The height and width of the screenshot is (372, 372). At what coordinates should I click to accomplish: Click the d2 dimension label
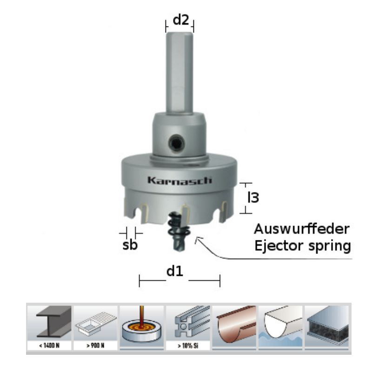pos(181,20)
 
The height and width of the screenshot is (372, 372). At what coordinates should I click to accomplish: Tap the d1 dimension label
pos(175,271)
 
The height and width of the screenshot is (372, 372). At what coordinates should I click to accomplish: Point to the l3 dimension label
pos(253,197)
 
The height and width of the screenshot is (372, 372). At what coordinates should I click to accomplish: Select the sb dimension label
pos(130,245)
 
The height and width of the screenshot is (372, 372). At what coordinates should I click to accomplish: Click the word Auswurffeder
pos(301,229)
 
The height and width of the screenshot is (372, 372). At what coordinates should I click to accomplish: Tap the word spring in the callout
pos(330,246)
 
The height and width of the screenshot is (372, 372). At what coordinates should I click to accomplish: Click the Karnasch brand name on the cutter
pos(179,180)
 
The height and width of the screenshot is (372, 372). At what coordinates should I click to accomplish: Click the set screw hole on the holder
pos(177,143)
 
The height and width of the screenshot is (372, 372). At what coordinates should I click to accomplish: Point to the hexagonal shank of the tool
pos(179,73)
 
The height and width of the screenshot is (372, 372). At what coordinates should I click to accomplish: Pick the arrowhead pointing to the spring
pos(197,239)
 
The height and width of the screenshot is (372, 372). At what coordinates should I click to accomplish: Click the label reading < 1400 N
pos(49,345)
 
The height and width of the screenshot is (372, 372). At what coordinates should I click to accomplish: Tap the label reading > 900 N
pos(95,345)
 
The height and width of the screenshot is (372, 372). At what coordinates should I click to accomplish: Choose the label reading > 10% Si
pos(188,345)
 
